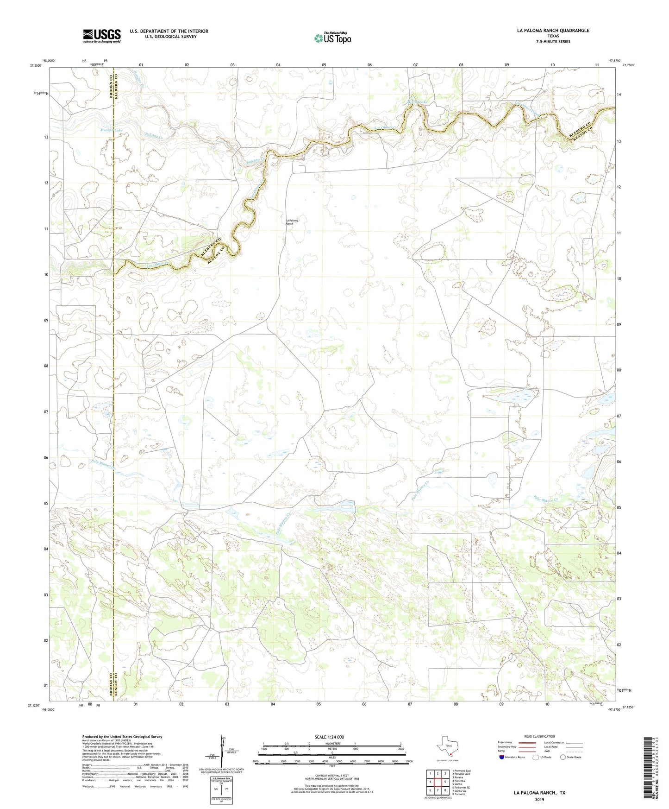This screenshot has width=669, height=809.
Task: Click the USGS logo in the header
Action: point(101,36)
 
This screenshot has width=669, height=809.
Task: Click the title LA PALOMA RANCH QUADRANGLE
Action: point(553,31)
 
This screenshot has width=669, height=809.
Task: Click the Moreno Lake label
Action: point(112,130)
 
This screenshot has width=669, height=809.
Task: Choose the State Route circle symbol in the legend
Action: point(563,757)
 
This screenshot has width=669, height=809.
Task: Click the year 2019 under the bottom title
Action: point(539,799)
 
